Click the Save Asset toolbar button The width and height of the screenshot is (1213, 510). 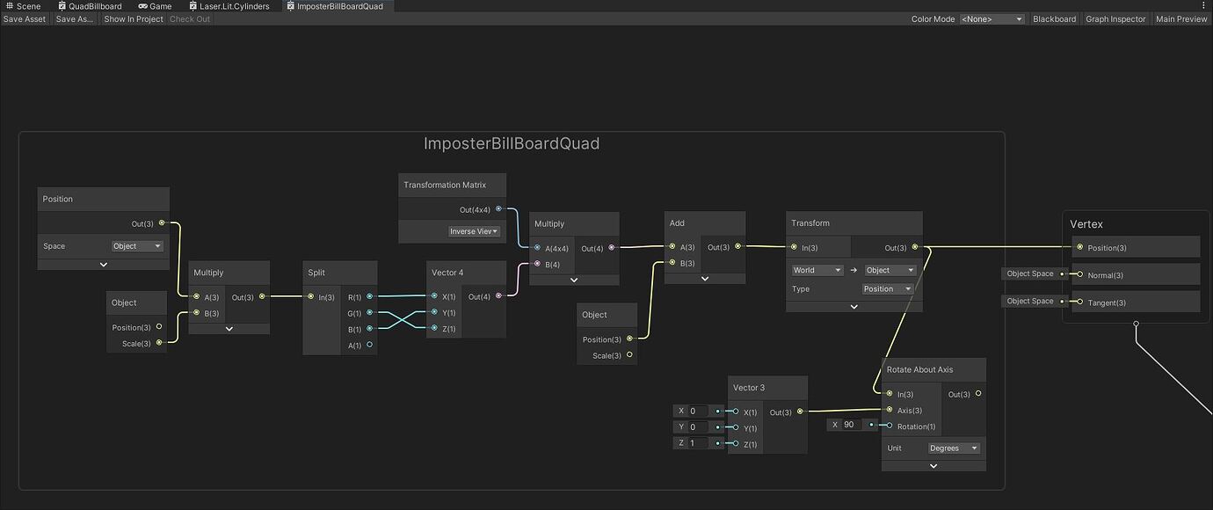25,19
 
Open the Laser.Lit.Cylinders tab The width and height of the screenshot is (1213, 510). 233,6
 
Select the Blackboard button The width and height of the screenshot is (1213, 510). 1054,19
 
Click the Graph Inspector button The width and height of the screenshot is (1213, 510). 1115,19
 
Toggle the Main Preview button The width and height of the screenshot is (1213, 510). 1181,19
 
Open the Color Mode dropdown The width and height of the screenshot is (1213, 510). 992,19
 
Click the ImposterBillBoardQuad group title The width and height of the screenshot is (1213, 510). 512,143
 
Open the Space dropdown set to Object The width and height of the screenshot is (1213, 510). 137,246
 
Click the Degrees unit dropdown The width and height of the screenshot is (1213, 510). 954,448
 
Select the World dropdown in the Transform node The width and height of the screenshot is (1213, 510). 817,271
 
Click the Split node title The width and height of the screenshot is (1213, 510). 316,273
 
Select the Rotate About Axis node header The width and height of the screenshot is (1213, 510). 919,369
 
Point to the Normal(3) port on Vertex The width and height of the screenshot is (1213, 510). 1080,274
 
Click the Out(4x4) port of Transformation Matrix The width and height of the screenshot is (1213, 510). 498,209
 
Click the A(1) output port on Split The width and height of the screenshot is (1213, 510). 369,346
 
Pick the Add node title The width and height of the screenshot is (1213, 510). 677,223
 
